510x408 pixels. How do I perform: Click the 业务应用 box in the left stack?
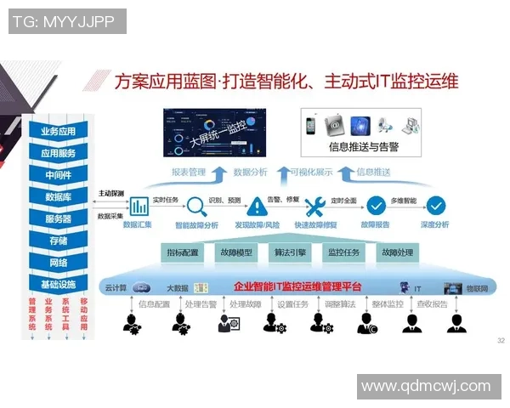click(58, 132)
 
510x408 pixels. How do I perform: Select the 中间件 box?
click(58, 175)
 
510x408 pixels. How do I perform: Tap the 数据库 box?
click(58, 197)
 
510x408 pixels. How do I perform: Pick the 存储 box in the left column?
click(58, 241)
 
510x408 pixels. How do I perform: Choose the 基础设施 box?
click(58, 284)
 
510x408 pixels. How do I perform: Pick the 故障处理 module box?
click(397, 252)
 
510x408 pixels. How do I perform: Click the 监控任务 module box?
click(344, 252)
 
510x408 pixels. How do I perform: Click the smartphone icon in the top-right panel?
click(312, 126)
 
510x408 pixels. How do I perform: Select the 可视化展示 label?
click(310, 173)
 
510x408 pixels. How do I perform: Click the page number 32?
click(500, 340)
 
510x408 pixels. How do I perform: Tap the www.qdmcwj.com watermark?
click(426, 387)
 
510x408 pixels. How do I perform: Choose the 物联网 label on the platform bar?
click(478, 288)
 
